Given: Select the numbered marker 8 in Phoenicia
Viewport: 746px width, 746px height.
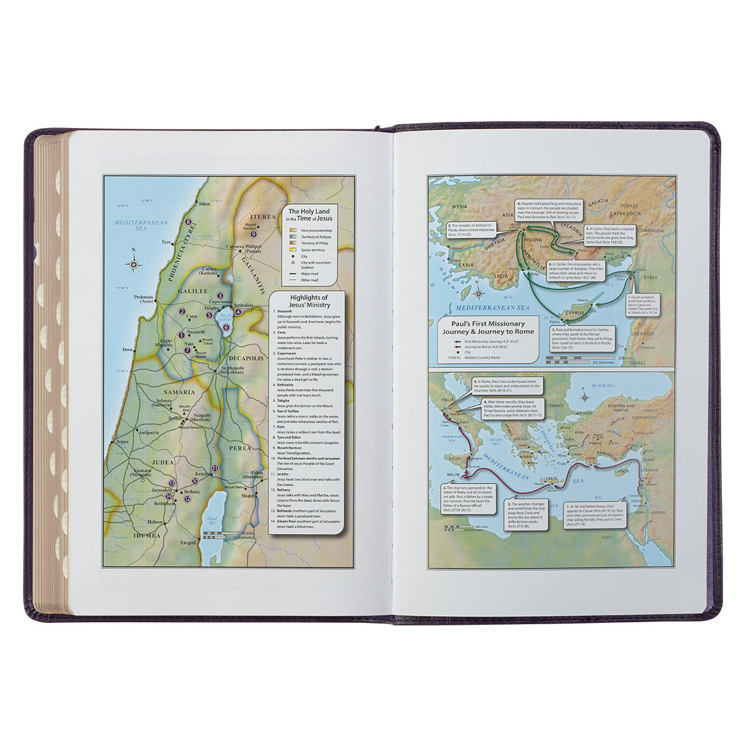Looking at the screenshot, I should coord(188,221).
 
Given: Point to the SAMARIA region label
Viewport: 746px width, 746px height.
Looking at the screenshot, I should coord(179,392).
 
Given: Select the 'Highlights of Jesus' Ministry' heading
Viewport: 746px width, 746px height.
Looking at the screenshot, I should coord(308,302).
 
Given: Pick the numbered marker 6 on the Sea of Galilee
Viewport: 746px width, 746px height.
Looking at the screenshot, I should coord(226,327).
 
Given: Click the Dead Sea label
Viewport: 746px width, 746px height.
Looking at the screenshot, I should coord(211,523).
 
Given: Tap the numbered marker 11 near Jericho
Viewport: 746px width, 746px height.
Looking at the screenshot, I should coord(214,467).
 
